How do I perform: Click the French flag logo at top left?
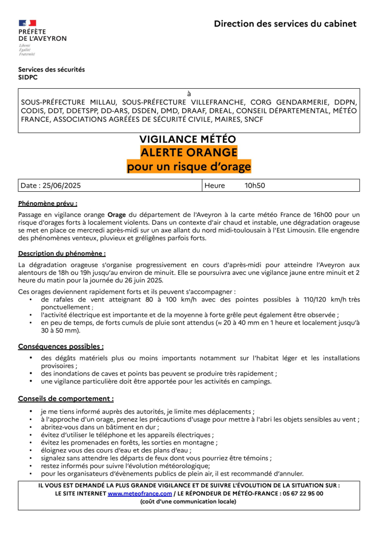click(x=27, y=23)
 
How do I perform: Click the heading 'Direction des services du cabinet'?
click(x=285, y=24)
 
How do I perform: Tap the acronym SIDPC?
click(x=28, y=77)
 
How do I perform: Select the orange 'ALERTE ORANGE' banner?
click(x=188, y=153)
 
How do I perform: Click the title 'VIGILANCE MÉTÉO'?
click(x=188, y=139)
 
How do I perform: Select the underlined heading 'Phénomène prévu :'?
click(x=48, y=203)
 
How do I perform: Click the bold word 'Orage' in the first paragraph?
click(x=116, y=214)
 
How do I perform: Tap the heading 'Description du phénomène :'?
click(x=62, y=253)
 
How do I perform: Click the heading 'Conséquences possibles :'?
click(x=61, y=346)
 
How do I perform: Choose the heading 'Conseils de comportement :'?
click(x=66, y=399)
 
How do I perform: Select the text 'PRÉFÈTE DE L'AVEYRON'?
click(x=42, y=35)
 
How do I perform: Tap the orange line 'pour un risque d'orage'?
click(x=188, y=167)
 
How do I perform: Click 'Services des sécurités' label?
click(x=51, y=69)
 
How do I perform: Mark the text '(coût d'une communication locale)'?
click(x=188, y=502)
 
